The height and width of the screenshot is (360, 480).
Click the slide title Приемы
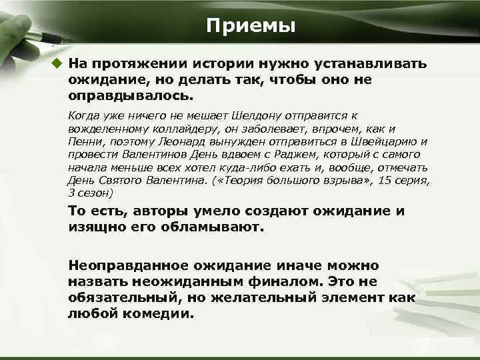[x=250, y=26]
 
